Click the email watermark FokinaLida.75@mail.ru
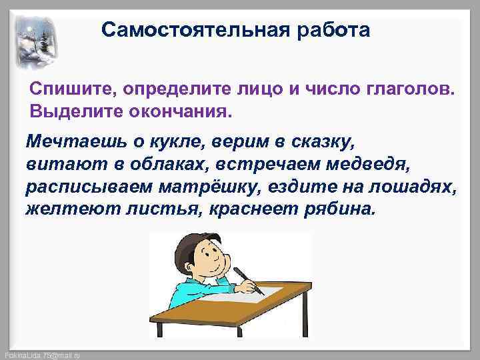(x=41, y=355)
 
